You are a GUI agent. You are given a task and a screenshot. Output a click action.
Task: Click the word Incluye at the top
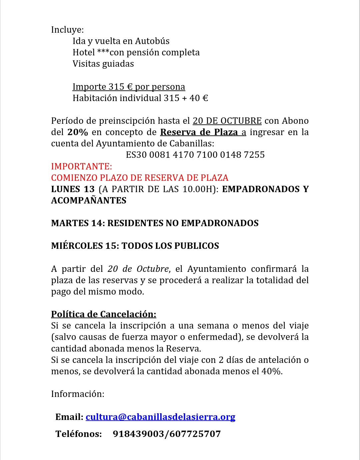[67, 30]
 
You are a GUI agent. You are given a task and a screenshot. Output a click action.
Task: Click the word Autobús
[152, 41]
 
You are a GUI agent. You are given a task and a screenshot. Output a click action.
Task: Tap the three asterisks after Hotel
[103, 52]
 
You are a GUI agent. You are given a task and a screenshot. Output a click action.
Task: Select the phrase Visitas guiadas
[103, 64]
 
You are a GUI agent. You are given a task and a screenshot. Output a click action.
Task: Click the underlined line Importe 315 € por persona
[129, 87]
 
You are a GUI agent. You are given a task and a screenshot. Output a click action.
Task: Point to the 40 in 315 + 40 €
[194, 98]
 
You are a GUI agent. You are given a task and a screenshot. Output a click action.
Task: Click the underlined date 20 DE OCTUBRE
[227, 121]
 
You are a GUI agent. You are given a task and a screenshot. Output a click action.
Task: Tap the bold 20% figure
[78, 132]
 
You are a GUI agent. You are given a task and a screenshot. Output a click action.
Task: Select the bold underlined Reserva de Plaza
[199, 132]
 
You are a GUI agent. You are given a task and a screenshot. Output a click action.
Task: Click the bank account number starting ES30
[195, 155]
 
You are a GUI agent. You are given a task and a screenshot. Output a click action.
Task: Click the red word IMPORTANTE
[81, 166]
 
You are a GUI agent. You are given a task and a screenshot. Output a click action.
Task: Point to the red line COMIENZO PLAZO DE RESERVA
[140, 177]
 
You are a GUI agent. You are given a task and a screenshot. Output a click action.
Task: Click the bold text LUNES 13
[73, 189]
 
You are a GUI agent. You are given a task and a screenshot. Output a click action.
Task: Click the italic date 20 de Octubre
[138, 269]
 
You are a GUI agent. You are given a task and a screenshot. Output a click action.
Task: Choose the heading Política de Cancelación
[103, 314]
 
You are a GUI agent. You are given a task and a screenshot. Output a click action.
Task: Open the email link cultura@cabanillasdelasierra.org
[160, 417]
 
